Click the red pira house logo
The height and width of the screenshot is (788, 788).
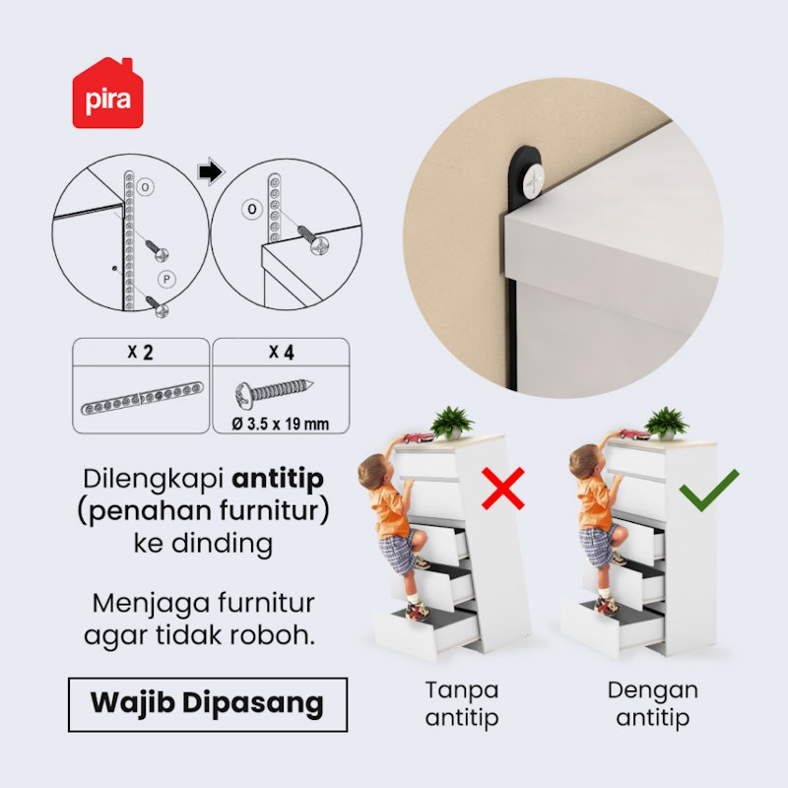(x=107, y=94)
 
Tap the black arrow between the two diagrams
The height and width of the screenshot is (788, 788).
(x=211, y=171)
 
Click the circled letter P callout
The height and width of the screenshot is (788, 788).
(x=166, y=280)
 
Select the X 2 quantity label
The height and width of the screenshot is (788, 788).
(x=140, y=352)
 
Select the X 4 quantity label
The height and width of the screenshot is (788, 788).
(x=282, y=352)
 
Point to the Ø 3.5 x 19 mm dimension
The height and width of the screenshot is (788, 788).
(x=281, y=424)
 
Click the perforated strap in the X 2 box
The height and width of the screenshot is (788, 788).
(x=142, y=399)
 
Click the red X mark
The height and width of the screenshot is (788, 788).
(x=503, y=488)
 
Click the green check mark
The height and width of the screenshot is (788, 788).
(x=708, y=490)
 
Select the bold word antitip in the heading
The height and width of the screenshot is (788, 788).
(x=278, y=479)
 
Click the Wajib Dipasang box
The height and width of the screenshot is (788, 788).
(x=208, y=704)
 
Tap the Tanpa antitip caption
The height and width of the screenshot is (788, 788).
(x=462, y=704)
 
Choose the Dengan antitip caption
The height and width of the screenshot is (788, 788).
(x=653, y=704)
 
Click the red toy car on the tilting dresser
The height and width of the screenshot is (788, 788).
(x=418, y=437)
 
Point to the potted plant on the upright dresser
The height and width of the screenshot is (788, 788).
(x=667, y=424)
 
